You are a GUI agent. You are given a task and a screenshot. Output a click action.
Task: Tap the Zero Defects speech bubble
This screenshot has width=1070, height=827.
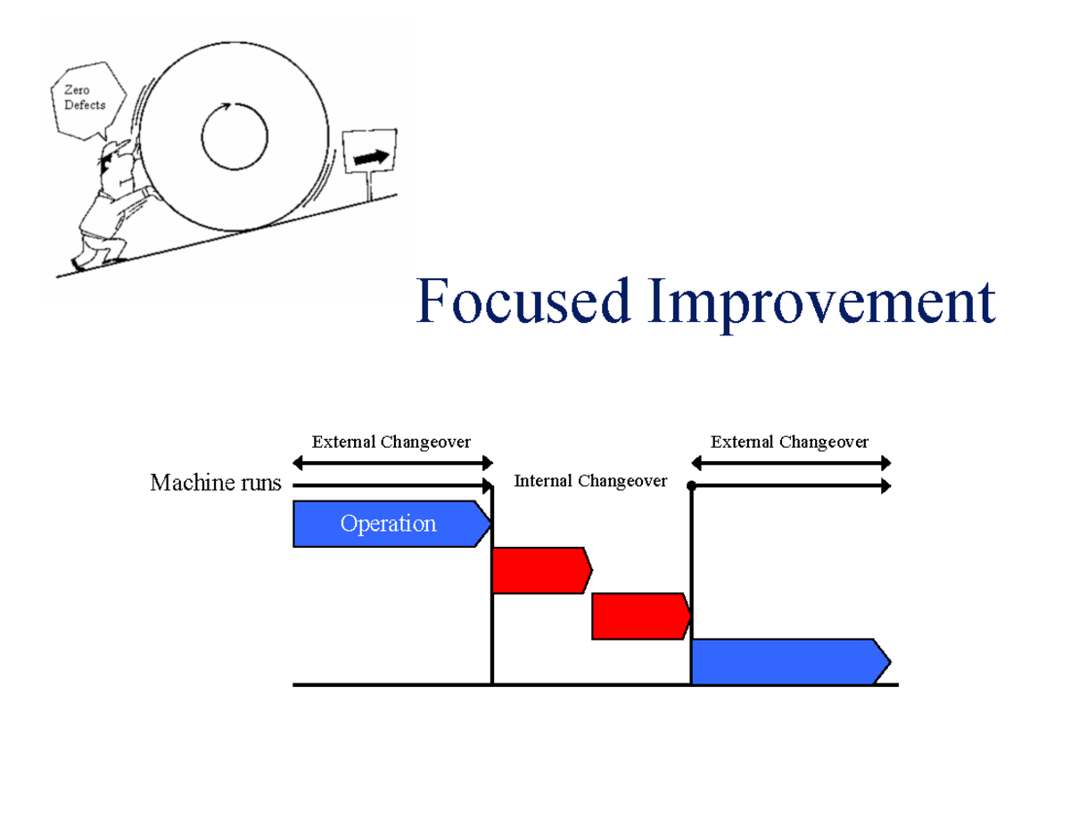coord(83,98)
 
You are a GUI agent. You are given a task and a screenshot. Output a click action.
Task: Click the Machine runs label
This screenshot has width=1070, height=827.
coord(215,484)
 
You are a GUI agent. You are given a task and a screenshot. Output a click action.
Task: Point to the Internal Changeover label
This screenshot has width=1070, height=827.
coord(590,482)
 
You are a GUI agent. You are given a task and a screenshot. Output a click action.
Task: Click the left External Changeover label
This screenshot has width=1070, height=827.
coord(391,442)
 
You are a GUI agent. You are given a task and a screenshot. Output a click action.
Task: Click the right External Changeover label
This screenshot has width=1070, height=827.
coord(789,442)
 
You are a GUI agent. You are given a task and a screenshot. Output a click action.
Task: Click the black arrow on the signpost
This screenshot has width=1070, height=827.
coord(372,157)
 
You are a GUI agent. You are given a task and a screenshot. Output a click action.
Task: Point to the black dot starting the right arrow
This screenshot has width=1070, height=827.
coord(692,486)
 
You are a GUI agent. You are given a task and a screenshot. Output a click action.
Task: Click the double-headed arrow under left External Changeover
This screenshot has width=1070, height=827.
coord(392,462)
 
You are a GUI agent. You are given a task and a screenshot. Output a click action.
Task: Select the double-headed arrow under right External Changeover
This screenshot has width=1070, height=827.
coord(791,462)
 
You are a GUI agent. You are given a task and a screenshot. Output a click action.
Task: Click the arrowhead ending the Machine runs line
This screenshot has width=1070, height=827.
coord(488,486)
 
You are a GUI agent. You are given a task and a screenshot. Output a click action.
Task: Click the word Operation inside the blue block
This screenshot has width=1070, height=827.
coord(388,524)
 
